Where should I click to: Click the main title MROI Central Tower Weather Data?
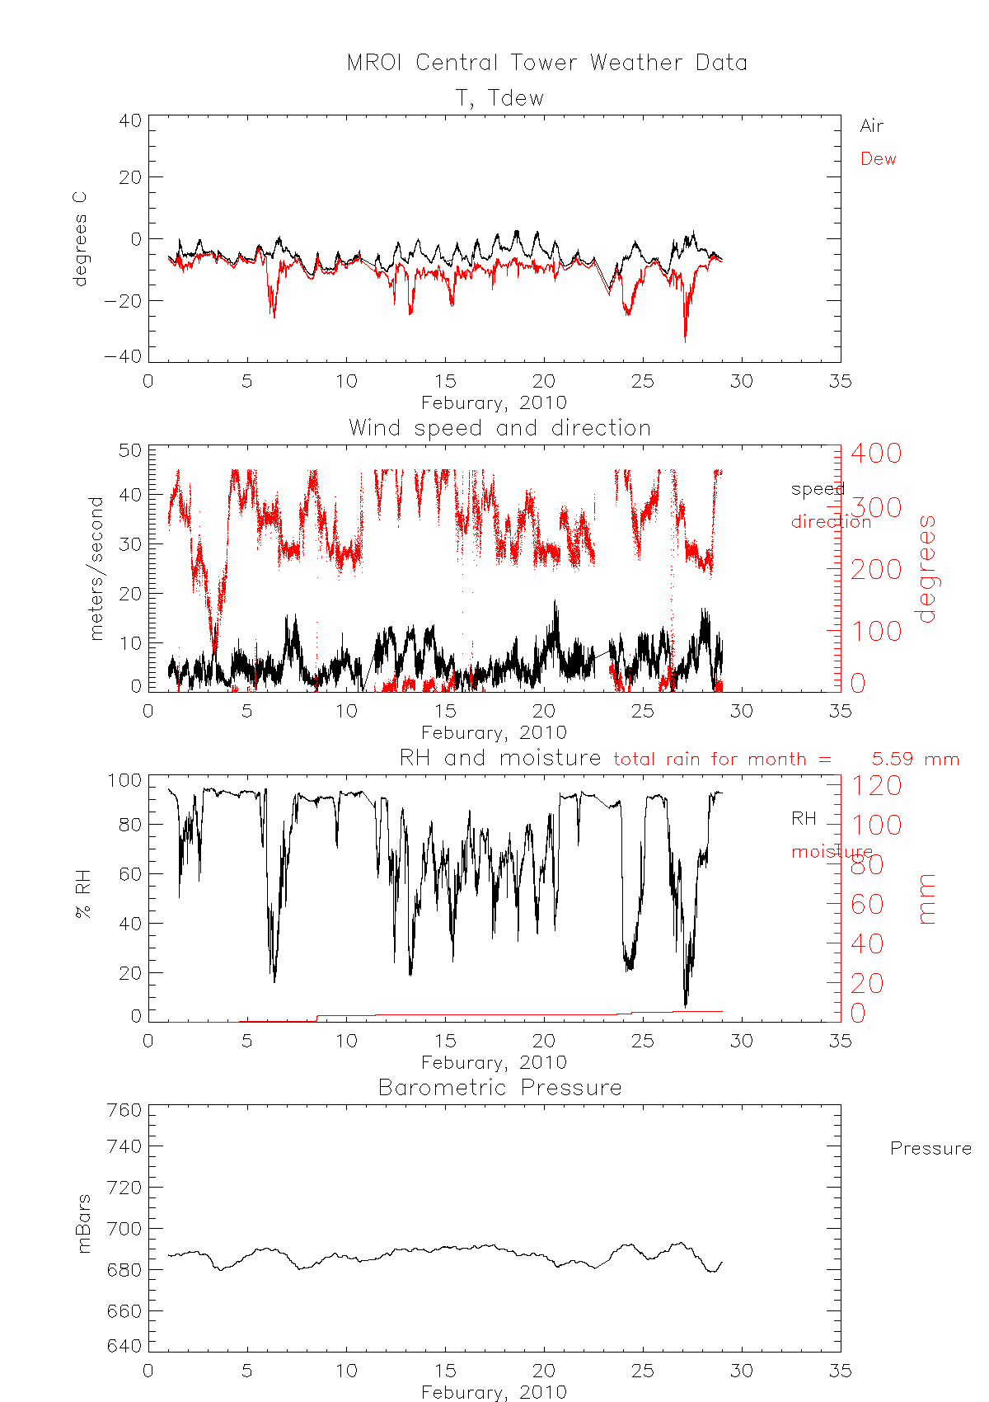pos(546,63)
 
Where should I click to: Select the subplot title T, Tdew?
pos(500,98)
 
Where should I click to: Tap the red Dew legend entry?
pos(878,159)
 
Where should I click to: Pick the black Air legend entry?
pos(871,126)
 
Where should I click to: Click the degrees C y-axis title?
pos(80,239)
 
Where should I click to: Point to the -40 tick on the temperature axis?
pos(122,356)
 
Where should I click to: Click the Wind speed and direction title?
pos(499,428)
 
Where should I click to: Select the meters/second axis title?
pos(97,568)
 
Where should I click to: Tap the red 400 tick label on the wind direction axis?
pos(876,452)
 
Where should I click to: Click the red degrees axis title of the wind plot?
pos(927,568)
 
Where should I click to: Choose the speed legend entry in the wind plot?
pos(818,489)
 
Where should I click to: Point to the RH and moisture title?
pos(499,758)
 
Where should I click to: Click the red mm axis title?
pos(927,898)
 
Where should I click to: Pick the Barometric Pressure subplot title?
pos(499,1088)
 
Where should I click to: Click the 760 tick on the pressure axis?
pos(124,1110)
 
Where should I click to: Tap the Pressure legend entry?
pos(930,1149)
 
